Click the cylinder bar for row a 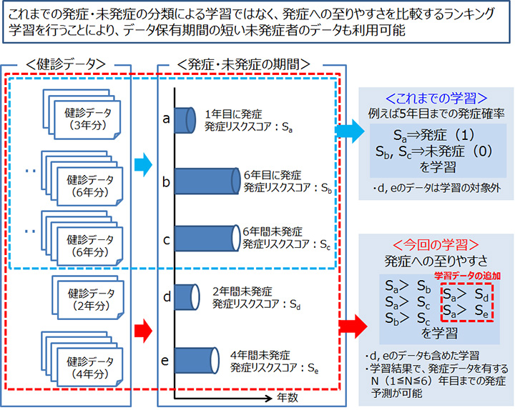pos(184,119)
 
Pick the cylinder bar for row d pos(185,296)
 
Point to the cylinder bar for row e pos(197,358)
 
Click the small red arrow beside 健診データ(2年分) pos(143,329)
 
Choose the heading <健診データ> pos(74,64)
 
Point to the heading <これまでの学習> pos(436,99)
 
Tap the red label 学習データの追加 pos(466,275)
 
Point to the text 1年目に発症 pos(233,114)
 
